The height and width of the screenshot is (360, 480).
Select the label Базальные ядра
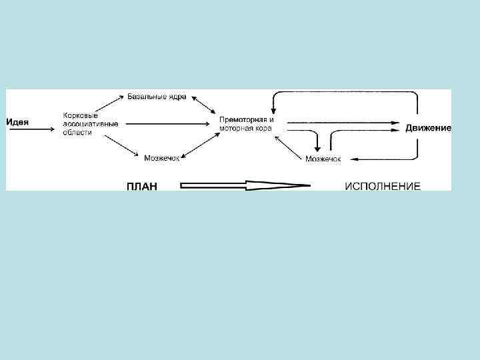(x=157, y=97)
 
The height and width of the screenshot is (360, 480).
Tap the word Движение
(x=428, y=127)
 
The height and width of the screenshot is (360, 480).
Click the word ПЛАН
(x=142, y=186)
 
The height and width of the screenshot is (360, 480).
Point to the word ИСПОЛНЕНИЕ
(x=382, y=186)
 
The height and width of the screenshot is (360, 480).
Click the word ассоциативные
(x=91, y=124)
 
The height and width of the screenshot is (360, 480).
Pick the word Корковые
(x=81, y=115)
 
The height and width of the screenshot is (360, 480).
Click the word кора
(x=262, y=128)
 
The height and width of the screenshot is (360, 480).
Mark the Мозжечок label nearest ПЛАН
(x=162, y=157)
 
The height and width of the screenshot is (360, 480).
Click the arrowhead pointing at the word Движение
(x=397, y=122)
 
